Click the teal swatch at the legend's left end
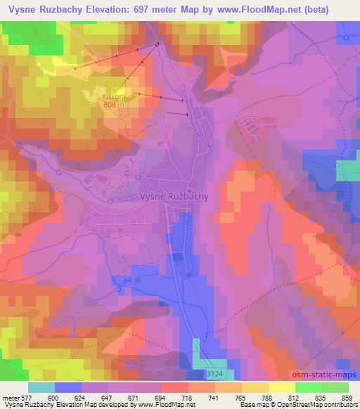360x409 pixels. tap(41, 387)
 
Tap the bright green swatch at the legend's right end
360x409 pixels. tap(335, 387)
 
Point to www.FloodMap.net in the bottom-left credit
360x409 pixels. tap(157, 404)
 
